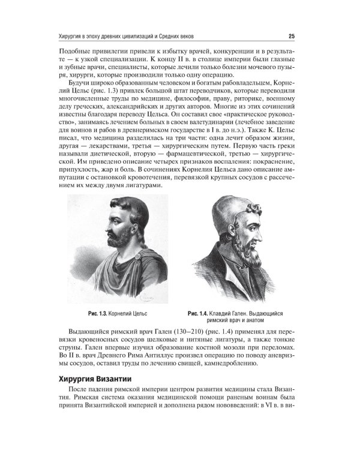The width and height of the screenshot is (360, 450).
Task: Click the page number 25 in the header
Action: click(291, 34)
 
